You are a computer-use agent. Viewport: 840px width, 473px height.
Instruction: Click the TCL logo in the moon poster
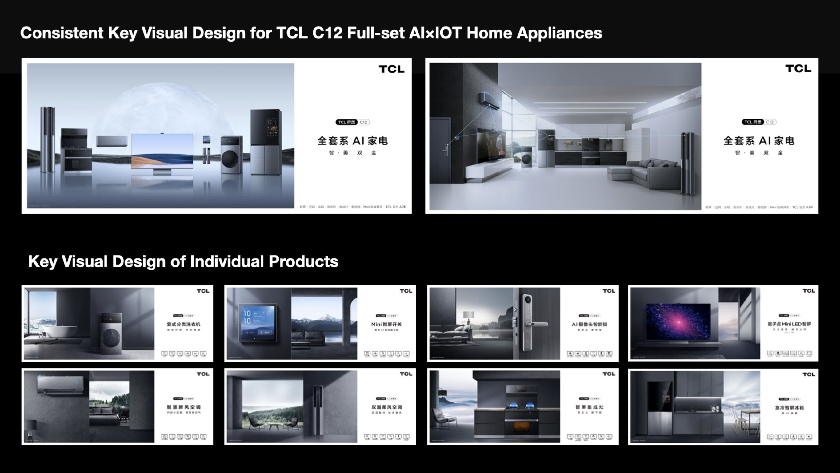coord(391,69)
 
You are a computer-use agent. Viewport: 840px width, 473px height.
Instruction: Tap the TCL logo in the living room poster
coord(798,69)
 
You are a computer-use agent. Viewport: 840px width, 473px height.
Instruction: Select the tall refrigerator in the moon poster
coord(266,142)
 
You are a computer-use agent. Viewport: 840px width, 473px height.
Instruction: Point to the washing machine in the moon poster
coord(231,155)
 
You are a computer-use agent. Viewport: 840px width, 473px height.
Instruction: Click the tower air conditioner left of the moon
coord(48,139)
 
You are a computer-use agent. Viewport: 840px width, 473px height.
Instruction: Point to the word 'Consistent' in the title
coord(62,33)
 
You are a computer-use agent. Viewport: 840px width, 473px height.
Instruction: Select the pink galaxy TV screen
coord(678,321)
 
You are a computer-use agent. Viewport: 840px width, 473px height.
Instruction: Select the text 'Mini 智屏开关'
coord(386,324)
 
